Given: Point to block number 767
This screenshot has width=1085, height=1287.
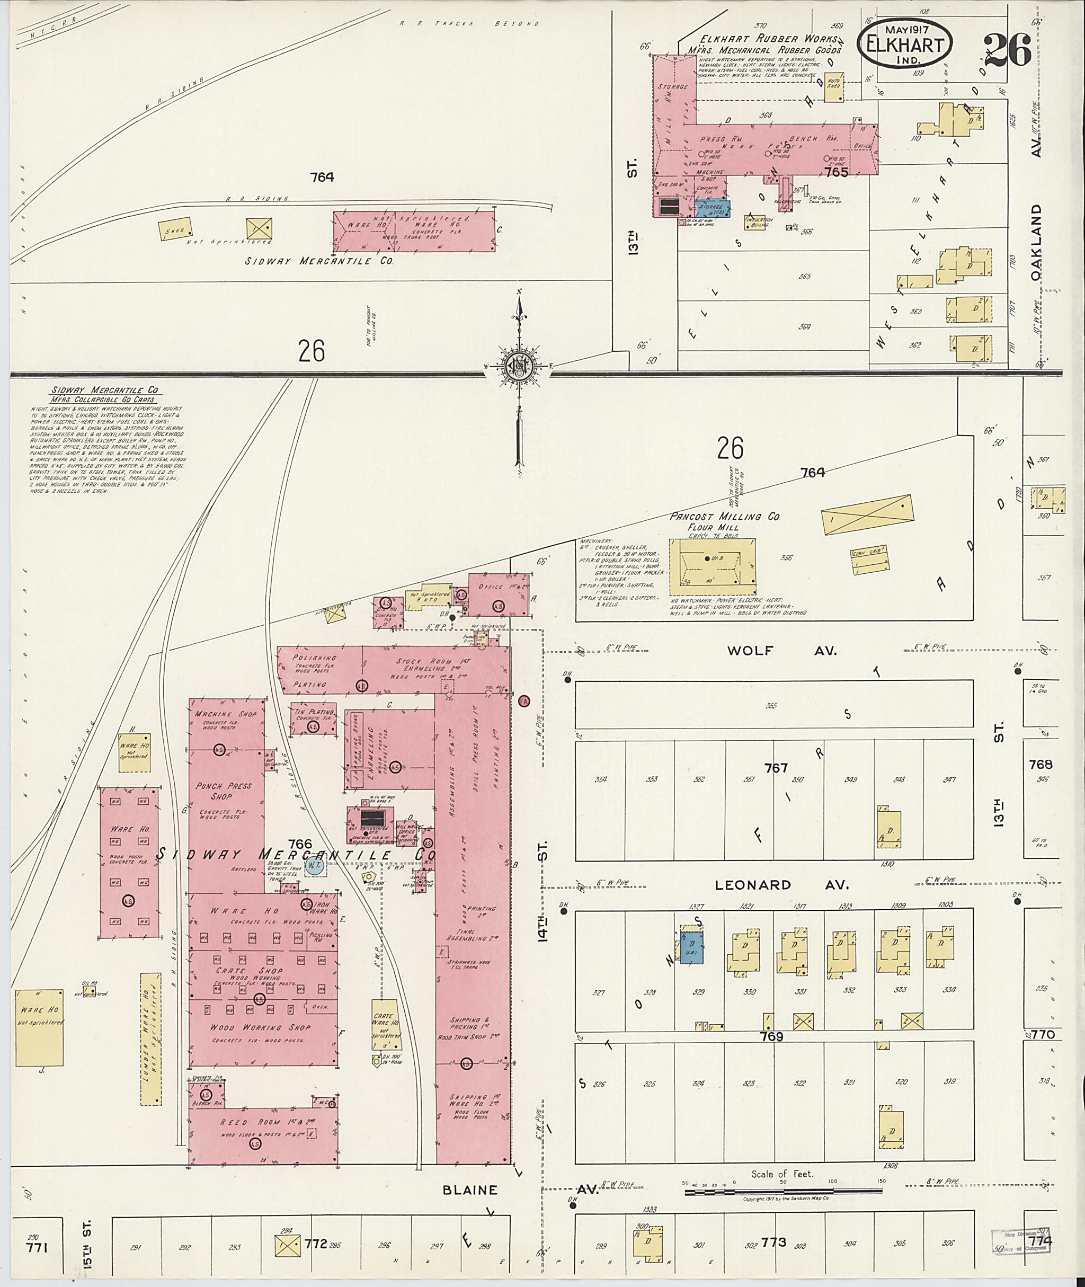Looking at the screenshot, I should point(776,768).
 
